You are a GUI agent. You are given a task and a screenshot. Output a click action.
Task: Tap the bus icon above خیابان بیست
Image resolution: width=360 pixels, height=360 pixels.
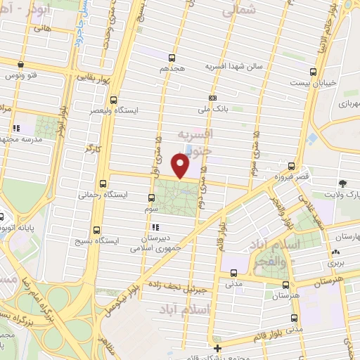313,71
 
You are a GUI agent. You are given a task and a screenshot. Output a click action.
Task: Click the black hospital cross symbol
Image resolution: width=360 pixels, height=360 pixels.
218,348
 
